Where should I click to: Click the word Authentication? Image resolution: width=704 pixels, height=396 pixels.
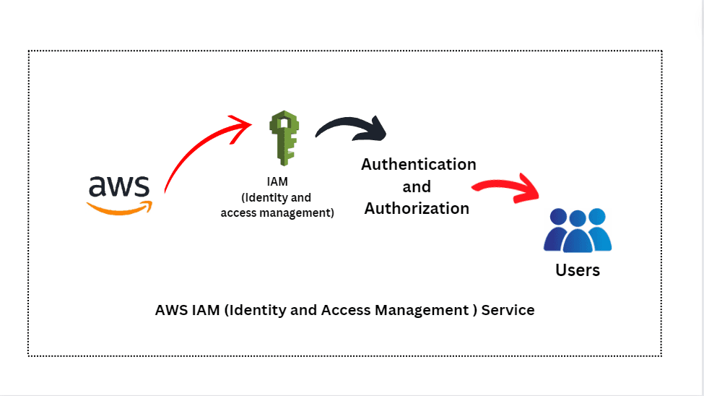(418, 164)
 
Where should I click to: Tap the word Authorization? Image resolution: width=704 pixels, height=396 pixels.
(417, 208)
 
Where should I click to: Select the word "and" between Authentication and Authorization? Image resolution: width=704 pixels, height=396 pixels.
(417, 186)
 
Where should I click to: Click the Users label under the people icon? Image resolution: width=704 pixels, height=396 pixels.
(578, 270)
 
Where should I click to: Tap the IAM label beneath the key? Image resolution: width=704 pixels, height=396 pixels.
(277, 182)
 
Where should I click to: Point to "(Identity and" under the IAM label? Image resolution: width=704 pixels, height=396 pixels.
(277, 197)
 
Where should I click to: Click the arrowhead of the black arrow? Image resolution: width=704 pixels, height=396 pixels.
(376, 132)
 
